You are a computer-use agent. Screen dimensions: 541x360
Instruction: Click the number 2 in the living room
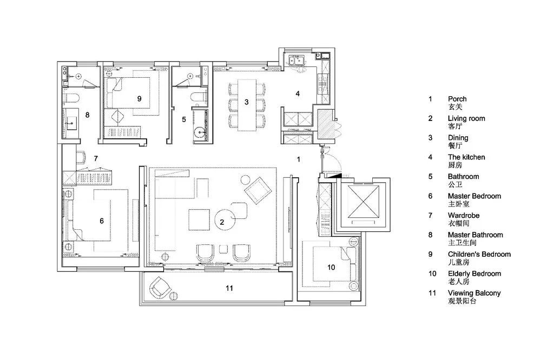pyautogui.click(x=222, y=222)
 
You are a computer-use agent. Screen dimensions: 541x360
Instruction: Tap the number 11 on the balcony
pyautogui.click(x=229, y=288)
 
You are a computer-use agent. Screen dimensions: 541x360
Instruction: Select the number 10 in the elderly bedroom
pyautogui.click(x=331, y=267)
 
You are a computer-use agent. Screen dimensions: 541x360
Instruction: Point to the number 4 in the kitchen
pyautogui.click(x=298, y=94)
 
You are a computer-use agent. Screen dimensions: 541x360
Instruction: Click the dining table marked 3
pyautogui.click(x=247, y=105)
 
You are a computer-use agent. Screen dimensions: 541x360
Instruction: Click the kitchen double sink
pyautogui.click(x=296, y=61)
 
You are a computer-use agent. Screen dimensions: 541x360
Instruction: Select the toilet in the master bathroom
pyautogui.click(x=71, y=98)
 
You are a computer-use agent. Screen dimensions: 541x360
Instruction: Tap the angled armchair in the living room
pyautogui.click(x=258, y=191)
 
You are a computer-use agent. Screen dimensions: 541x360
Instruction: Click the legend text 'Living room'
pyautogui.click(x=466, y=118)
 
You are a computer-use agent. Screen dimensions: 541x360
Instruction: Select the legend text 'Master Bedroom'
pyautogui.click(x=474, y=196)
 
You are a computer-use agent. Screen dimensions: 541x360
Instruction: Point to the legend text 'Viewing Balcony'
pyautogui.click(x=474, y=293)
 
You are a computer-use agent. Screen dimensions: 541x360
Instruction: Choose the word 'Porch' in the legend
pyautogui.click(x=457, y=99)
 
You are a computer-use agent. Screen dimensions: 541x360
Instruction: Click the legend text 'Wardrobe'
pyautogui.click(x=464, y=216)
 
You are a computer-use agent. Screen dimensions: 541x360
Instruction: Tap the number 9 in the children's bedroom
pyautogui.click(x=140, y=98)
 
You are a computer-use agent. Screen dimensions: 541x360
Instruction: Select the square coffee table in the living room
pyautogui.click(x=199, y=219)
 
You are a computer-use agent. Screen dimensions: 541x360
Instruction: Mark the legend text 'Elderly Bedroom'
pyautogui.click(x=474, y=274)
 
